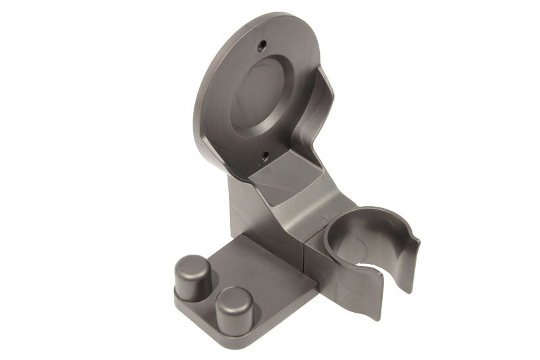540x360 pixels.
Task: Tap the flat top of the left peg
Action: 191,261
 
